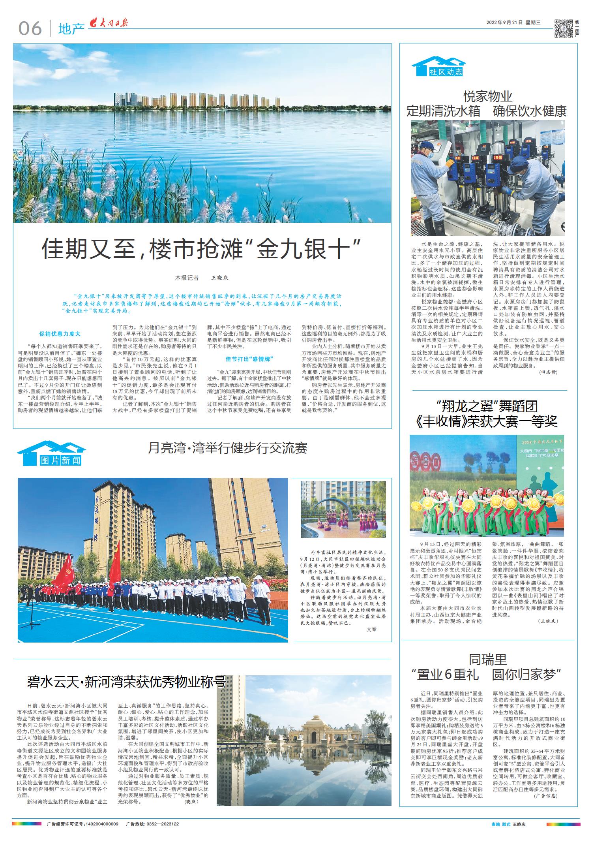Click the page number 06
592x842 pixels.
click(30, 28)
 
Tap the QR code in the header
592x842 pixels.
click(564, 28)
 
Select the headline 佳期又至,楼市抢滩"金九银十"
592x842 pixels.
click(201, 249)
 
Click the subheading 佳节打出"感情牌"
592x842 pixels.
click(249, 359)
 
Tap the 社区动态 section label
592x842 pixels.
click(445, 72)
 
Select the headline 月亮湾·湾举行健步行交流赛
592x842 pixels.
click(228, 448)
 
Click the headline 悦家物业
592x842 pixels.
click(488, 96)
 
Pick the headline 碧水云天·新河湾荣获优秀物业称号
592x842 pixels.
click(126, 682)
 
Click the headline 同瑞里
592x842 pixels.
click(488, 659)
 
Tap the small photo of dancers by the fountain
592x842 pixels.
click(343, 509)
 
